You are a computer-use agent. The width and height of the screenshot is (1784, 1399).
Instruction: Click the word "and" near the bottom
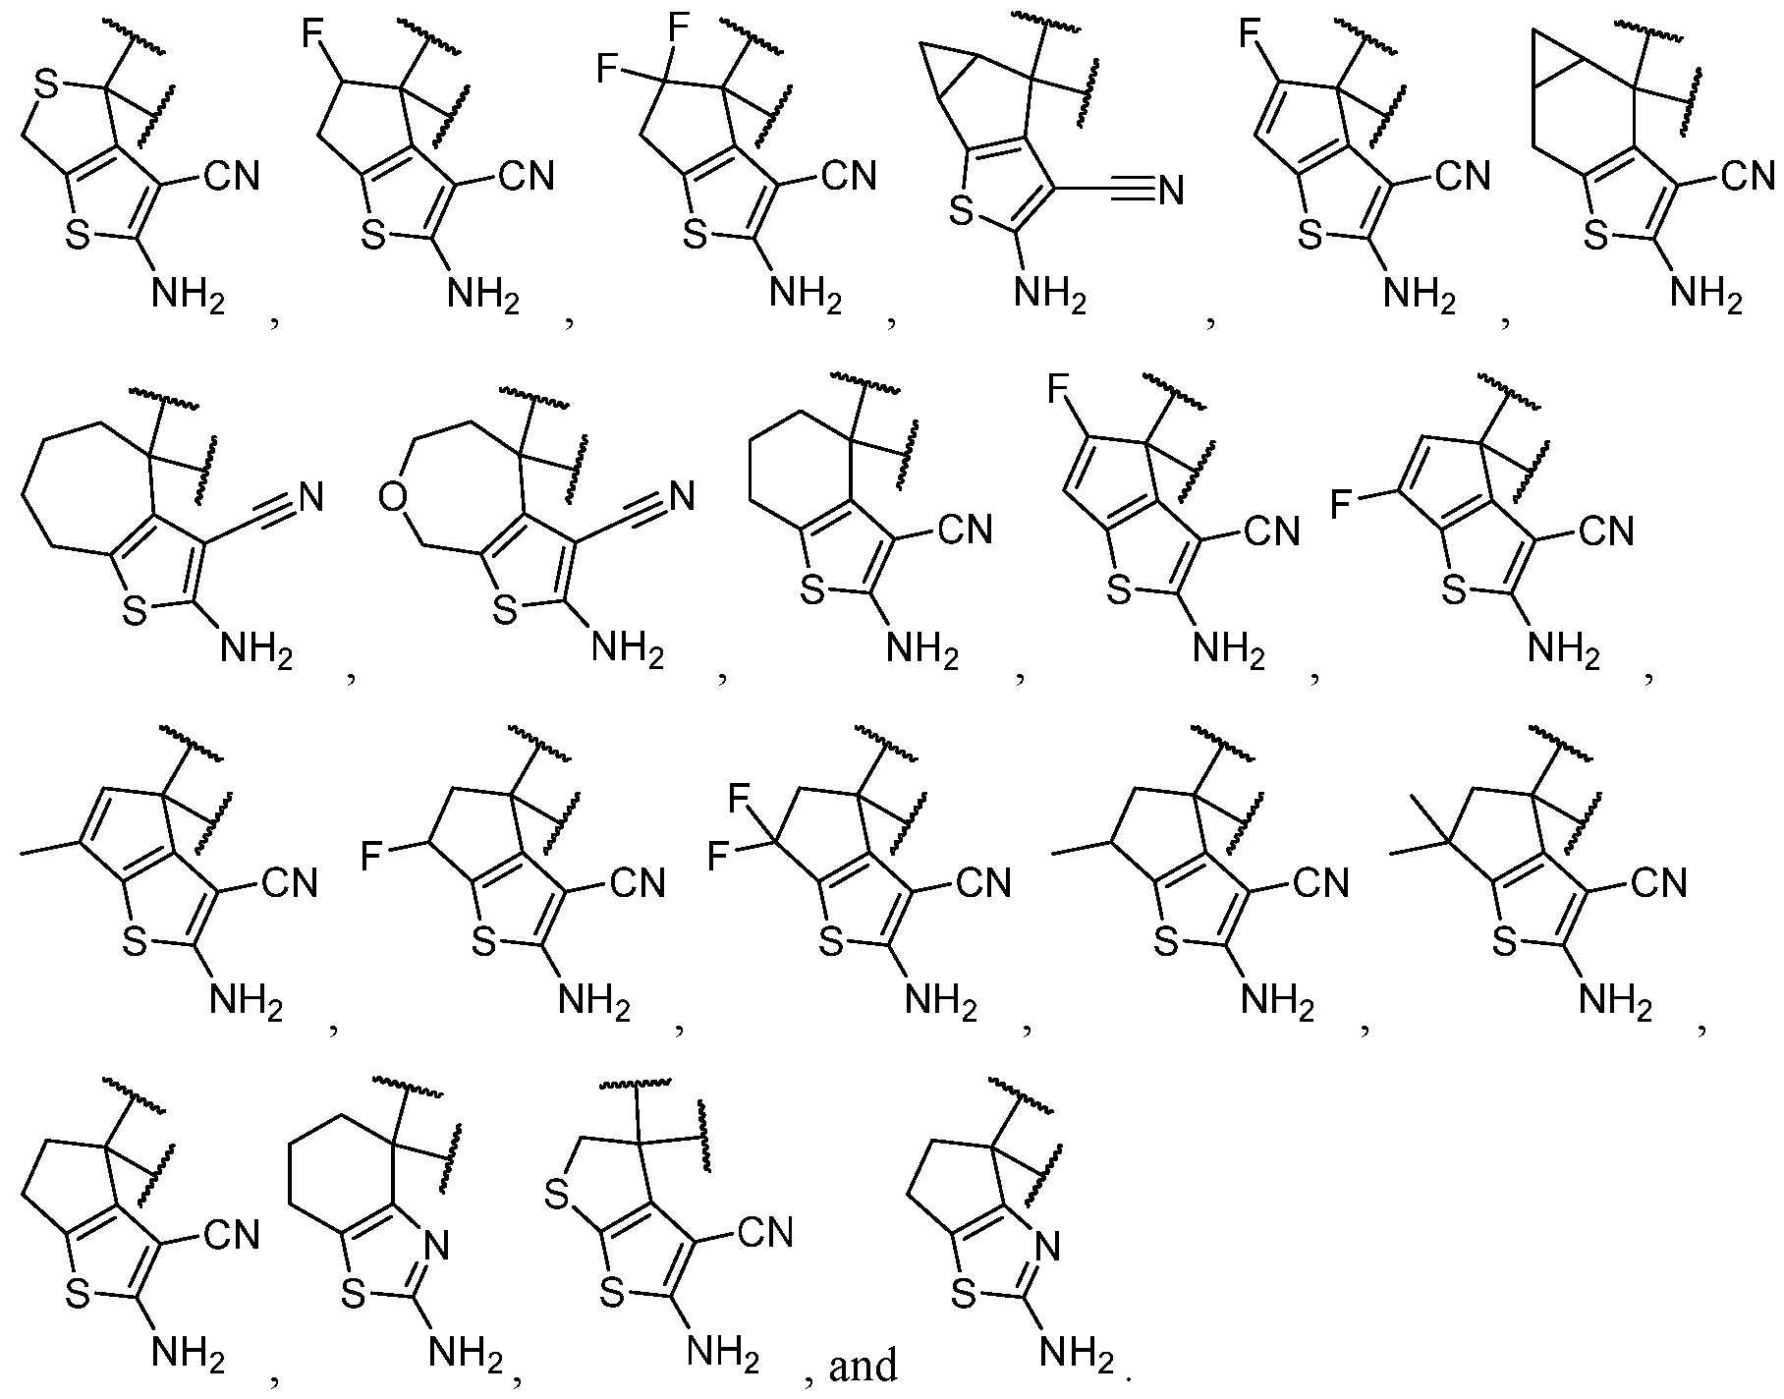(864, 1365)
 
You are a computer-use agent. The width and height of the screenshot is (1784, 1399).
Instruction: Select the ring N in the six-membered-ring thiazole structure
(437, 1249)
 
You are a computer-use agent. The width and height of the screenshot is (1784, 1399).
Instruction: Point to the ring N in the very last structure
(1048, 1249)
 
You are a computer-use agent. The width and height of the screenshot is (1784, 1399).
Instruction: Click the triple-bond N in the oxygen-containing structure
(680, 495)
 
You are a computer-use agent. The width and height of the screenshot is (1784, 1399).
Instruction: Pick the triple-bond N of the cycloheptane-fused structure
(310, 495)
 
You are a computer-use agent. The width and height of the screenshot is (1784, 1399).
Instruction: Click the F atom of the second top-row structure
(312, 40)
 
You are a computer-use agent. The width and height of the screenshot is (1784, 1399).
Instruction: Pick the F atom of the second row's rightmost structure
(1344, 506)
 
